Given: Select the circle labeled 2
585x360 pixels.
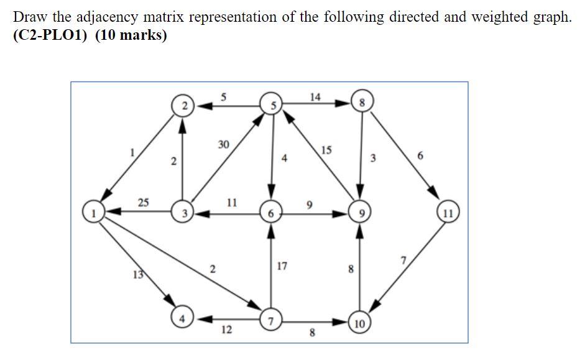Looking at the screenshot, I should [x=183, y=106].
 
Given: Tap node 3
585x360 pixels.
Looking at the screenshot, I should [x=183, y=213].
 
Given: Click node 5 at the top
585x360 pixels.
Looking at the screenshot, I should [x=272, y=104].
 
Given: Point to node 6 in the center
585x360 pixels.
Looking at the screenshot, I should [x=270, y=213].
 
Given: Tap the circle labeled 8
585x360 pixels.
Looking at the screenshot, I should [x=361, y=101].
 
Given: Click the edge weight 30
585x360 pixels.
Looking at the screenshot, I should [x=224, y=144].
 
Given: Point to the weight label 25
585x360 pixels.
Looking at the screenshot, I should [x=144, y=202].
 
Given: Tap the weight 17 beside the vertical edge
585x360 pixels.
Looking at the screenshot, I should [x=282, y=266].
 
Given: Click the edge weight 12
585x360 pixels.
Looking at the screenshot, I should [x=226, y=330].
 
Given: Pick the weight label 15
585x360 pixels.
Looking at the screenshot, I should [x=326, y=150].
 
